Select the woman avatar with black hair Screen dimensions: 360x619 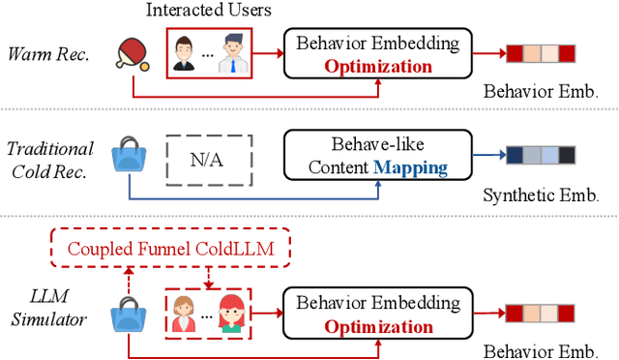184,56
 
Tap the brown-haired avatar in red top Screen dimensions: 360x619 185,314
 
